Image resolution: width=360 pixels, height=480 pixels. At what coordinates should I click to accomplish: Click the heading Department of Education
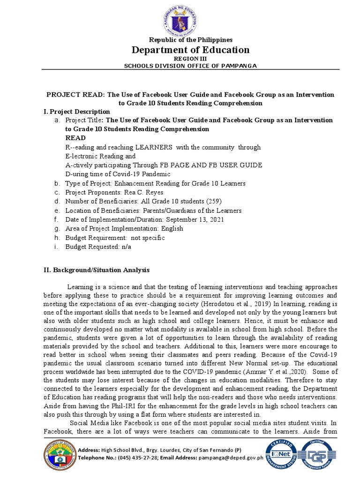(x=190, y=50)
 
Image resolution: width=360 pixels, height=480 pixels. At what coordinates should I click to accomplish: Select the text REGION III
(x=190, y=59)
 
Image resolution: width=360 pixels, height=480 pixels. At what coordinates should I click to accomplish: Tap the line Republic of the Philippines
(x=190, y=40)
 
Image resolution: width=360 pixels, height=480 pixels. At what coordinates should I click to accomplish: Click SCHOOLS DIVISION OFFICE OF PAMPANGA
(x=190, y=66)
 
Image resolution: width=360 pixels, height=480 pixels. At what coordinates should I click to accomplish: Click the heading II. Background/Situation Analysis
(x=97, y=270)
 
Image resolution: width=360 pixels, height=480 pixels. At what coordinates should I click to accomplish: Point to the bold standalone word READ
(x=75, y=138)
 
